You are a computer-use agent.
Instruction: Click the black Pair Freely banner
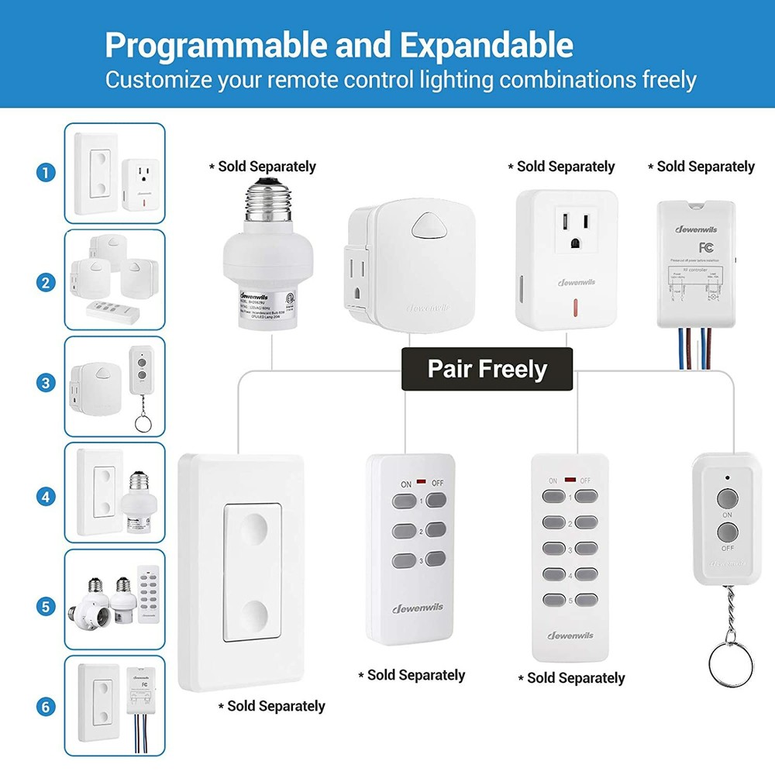[487, 368]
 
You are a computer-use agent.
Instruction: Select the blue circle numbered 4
[46, 494]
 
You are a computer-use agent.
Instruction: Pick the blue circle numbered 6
[46, 706]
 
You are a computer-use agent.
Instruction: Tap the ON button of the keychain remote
[726, 498]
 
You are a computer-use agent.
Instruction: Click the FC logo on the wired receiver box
[705, 248]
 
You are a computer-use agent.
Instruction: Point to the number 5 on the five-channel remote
[570, 599]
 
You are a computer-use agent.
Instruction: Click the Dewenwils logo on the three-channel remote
[417, 607]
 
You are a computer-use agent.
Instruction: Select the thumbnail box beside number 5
[115, 599]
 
